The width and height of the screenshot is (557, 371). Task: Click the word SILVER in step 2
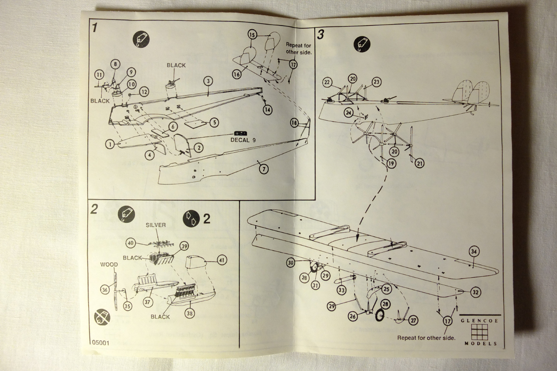click(155, 225)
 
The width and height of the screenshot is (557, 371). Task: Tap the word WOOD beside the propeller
click(109, 265)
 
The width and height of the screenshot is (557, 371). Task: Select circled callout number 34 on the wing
click(474, 252)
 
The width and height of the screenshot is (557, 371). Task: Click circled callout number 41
click(222, 260)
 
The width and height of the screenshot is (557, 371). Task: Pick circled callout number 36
click(105, 289)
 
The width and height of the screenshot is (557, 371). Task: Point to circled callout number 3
click(208, 81)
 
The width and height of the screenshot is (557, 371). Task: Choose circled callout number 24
click(349, 112)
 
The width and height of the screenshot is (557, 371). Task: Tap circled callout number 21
click(420, 163)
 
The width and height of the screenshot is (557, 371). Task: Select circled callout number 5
click(214, 122)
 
